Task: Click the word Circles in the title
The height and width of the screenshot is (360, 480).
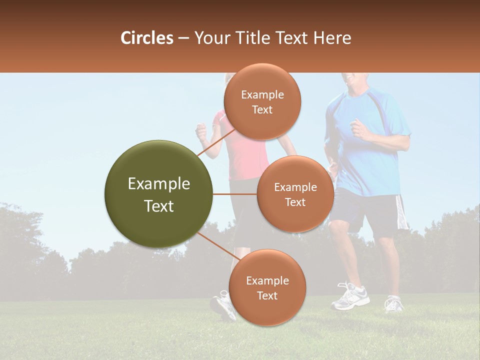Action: pyautogui.click(x=146, y=38)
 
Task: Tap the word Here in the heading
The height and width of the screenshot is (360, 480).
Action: pyautogui.click(x=332, y=38)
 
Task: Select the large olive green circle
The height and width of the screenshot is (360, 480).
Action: pyautogui.click(x=158, y=194)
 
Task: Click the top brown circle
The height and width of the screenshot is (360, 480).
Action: pyautogui.click(x=262, y=101)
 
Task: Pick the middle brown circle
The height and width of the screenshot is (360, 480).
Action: pyautogui.click(x=295, y=194)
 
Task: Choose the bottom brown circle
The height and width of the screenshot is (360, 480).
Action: pyautogui.click(x=267, y=287)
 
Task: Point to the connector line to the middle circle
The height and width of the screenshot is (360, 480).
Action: pyautogui.click(x=234, y=194)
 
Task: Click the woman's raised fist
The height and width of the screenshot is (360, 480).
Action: pyautogui.click(x=201, y=132)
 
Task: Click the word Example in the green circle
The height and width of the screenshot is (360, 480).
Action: pyautogui.click(x=158, y=184)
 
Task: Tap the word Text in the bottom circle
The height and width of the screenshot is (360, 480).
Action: pyautogui.click(x=267, y=295)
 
